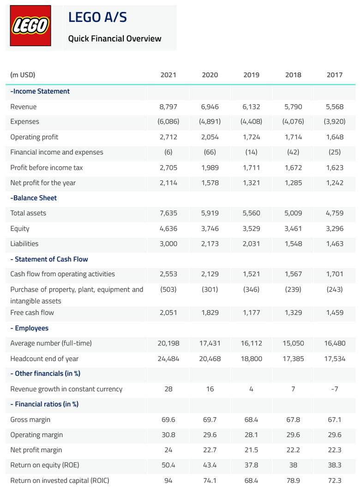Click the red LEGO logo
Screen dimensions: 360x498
pos(30,26)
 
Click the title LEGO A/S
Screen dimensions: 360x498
pos(97,18)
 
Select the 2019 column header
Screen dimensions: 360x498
pos(251,75)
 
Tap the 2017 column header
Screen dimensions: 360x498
pos(335,75)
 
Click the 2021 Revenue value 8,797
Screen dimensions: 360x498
pos(168,107)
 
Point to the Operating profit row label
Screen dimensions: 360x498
pos(34,137)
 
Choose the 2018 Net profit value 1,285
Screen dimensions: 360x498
pos(293,183)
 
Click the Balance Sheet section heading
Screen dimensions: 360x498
pos(34,198)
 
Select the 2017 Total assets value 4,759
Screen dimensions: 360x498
pos(335,213)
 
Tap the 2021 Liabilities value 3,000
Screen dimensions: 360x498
pos(168,244)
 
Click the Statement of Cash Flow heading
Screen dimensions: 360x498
pos(49,259)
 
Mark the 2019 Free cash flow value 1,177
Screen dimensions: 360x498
pos(251,313)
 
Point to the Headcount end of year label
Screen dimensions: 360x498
pos(44,359)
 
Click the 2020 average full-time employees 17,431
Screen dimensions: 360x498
pos(210,344)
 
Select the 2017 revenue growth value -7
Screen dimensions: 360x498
pos(335,389)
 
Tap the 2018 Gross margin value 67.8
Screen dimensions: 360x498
pos(293,420)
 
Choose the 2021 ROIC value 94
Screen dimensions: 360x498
pos(168,481)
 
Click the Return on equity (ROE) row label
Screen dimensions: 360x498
pos(44,465)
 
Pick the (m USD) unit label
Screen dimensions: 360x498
pos(23,75)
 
